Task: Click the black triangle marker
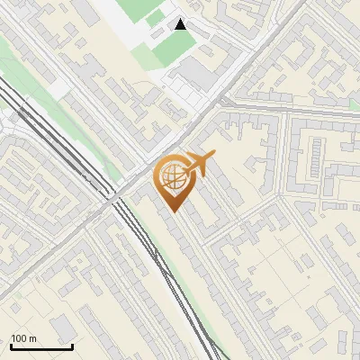click(181, 24)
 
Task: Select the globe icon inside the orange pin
click(172, 177)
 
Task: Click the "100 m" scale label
click(23, 339)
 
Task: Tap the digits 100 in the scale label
click(19, 339)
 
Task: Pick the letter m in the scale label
click(32, 339)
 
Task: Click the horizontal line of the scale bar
click(41, 347)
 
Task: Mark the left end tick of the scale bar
click(11, 346)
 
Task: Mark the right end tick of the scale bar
click(72, 346)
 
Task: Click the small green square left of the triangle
click(156, 18)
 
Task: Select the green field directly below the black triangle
click(171, 47)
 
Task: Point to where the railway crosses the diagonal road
click(114, 197)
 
